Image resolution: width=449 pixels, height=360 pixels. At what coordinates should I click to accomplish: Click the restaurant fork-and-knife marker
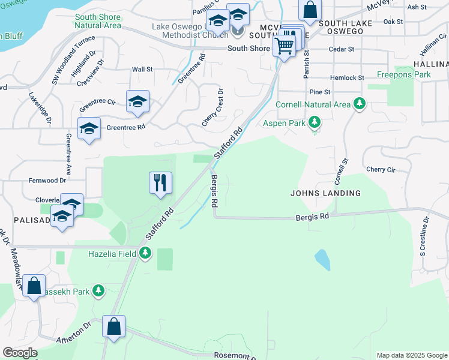pyautogui.click(x=160, y=182)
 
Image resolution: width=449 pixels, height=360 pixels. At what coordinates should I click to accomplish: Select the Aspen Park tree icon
pyautogui.click(x=313, y=124)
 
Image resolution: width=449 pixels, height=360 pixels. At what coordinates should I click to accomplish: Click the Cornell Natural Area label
pyautogui.click(x=313, y=104)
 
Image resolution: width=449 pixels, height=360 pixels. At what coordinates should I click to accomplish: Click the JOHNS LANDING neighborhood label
pyautogui.click(x=325, y=193)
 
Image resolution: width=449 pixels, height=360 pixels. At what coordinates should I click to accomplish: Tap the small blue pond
pyautogui.click(x=322, y=260)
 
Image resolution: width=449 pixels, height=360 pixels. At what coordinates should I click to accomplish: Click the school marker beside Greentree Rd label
pyautogui.click(x=89, y=128)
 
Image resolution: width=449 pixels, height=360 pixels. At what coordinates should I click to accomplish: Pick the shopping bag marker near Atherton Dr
pyautogui.click(x=113, y=327)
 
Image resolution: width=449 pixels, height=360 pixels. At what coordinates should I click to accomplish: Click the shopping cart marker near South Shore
pyautogui.click(x=285, y=45)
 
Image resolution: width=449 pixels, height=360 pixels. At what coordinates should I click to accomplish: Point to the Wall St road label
pyautogui.click(x=142, y=70)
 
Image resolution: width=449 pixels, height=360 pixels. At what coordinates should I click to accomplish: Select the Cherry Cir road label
pyautogui.click(x=380, y=170)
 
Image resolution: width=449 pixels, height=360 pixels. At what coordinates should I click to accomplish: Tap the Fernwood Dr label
pyautogui.click(x=47, y=180)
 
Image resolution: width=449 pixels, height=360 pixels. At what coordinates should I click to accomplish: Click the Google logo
pyautogui.click(x=20, y=353)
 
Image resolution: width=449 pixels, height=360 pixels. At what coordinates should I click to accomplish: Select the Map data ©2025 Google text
pyautogui.click(x=411, y=355)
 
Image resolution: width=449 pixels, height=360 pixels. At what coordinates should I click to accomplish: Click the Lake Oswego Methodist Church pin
pyautogui.click(x=238, y=30)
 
